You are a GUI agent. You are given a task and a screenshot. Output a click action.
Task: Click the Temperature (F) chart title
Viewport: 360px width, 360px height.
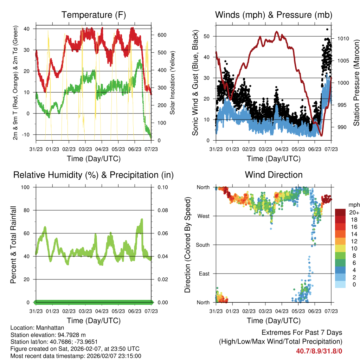click(x=93, y=15)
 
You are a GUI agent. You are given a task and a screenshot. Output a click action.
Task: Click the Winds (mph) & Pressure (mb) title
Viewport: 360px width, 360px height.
click(x=274, y=15)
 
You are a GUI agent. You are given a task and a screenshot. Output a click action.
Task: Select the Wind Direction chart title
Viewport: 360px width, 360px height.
click(x=274, y=174)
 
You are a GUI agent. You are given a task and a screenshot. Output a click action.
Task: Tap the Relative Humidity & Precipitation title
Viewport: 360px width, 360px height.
click(x=93, y=175)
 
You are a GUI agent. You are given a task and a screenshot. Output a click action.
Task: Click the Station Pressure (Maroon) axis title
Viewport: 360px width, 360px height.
click(x=356, y=84)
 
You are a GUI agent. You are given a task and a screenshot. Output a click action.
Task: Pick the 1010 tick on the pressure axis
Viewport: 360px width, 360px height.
click(x=343, y=39)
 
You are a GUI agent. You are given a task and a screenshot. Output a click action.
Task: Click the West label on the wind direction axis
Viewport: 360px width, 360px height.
click(x=204, y=216)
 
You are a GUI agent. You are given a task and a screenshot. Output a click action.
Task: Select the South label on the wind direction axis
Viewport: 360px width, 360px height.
click(x=203, y=245)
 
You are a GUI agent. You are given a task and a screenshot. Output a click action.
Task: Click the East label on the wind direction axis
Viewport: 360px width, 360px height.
click(x=204, y=274)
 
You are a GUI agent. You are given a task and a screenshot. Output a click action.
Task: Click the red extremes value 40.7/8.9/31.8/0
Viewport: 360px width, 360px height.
click(x=319, y=351)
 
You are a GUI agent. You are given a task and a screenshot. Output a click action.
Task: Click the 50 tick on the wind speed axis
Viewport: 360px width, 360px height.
click(x=207, y=36)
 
